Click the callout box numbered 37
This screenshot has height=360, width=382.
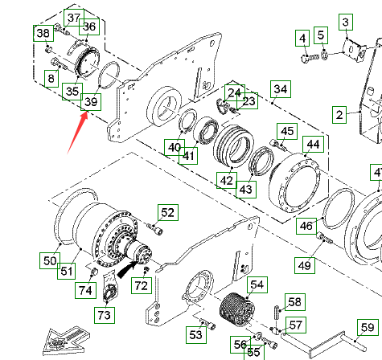tap(74, 18)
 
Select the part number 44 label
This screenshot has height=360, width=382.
tap(313, 145)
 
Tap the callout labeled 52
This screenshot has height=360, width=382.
tap(168, 213)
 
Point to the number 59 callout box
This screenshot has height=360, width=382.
tap(368, 328)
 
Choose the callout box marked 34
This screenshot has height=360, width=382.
tap(281, 89)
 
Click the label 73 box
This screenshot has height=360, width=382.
tap(105, 315)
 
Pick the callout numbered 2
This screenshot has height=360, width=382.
tap(339, 115)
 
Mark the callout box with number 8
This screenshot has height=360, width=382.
tap(51, 79)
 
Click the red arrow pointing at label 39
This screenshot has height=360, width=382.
tap(77, 133)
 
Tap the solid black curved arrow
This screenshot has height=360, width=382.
tap(127, 269)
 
